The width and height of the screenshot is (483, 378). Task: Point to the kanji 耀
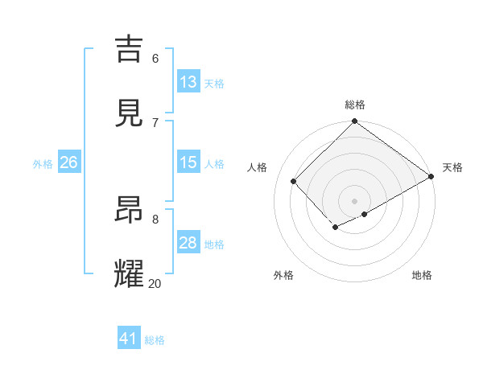(130, 273)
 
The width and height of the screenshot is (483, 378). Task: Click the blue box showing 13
(188, 82)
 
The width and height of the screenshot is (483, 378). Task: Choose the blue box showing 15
(188, 162)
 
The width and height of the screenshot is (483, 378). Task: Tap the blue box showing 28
(188, 243)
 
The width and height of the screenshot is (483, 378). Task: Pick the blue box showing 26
(68, 162)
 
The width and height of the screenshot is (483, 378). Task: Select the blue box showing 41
(129, 339)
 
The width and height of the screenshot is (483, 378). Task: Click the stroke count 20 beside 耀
(155, 283)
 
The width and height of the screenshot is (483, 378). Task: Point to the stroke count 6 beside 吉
(155, 58)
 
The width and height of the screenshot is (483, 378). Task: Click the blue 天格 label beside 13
(214, 84)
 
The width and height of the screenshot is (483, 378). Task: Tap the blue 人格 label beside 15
(214, 164)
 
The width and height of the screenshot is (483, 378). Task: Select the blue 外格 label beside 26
(43, 164)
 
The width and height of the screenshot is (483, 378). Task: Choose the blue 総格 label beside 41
(155, 340)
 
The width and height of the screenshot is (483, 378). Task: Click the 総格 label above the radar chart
(354, 105)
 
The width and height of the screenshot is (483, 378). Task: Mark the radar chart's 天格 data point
(431, 177)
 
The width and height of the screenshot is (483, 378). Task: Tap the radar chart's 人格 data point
(294, 181)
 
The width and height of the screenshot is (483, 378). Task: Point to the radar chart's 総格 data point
(354, 122)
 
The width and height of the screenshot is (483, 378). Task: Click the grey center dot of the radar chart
(354, 200)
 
